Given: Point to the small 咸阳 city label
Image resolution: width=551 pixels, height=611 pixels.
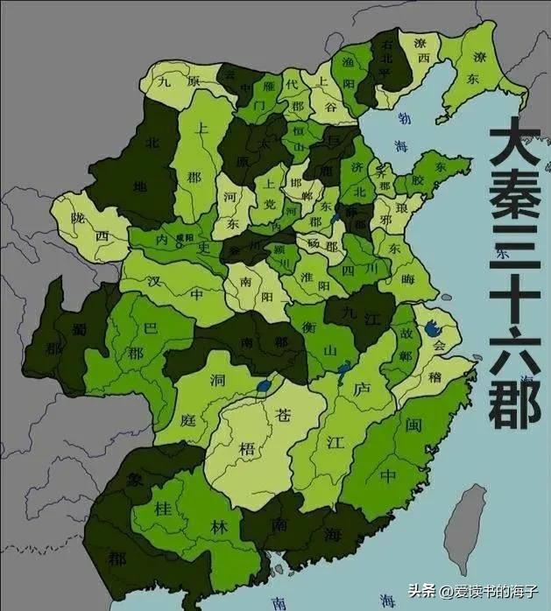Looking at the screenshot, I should [185, 236].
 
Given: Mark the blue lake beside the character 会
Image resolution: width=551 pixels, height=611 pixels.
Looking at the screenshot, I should [431, 329].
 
